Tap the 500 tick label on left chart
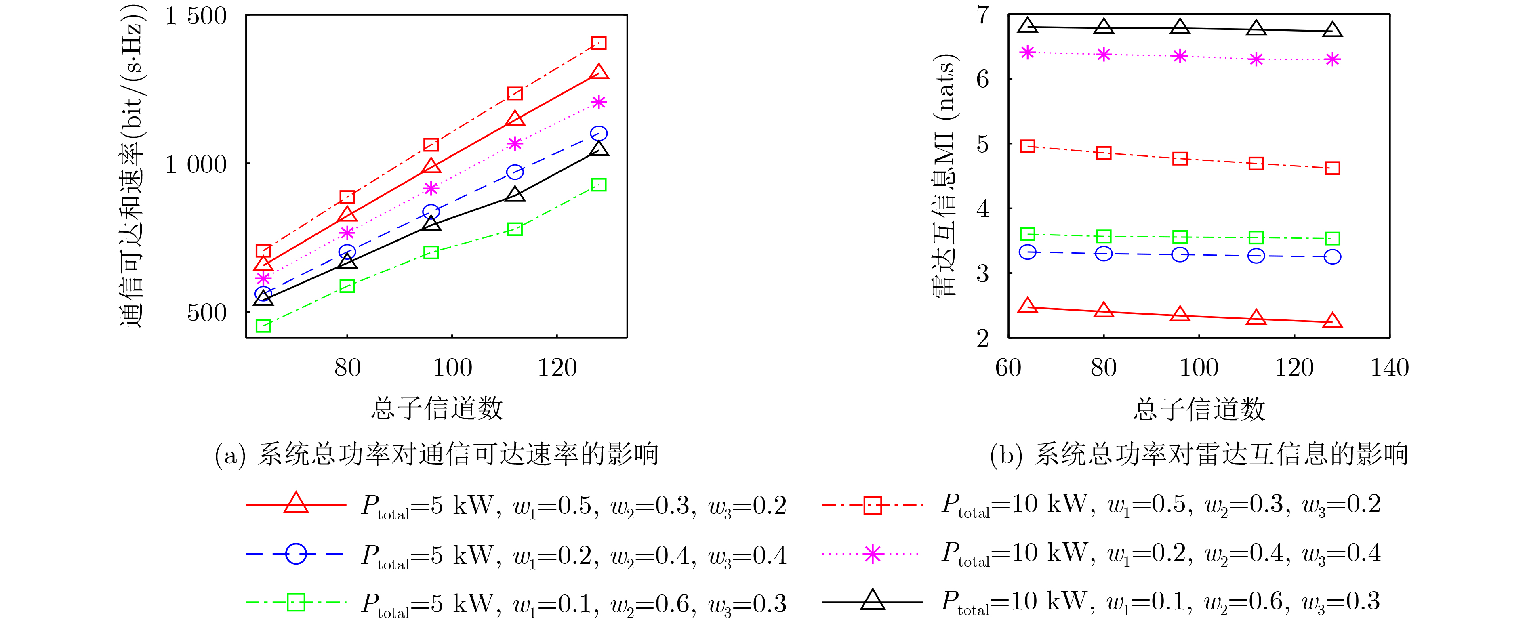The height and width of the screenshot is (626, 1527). [207, 313]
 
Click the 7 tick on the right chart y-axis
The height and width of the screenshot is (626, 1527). [983, 15]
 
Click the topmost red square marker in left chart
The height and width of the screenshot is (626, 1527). [599, 43]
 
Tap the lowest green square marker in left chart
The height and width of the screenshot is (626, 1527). [263, 326]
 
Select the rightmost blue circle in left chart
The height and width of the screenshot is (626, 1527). [599, 133]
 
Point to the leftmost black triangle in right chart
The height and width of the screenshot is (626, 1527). [1027, 25]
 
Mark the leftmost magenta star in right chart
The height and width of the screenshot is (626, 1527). [1027, 52]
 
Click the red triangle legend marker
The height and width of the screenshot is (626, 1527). [296, 504]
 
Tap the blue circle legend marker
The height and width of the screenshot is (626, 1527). [296, 554]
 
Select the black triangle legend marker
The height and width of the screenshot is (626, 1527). [873, 601]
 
